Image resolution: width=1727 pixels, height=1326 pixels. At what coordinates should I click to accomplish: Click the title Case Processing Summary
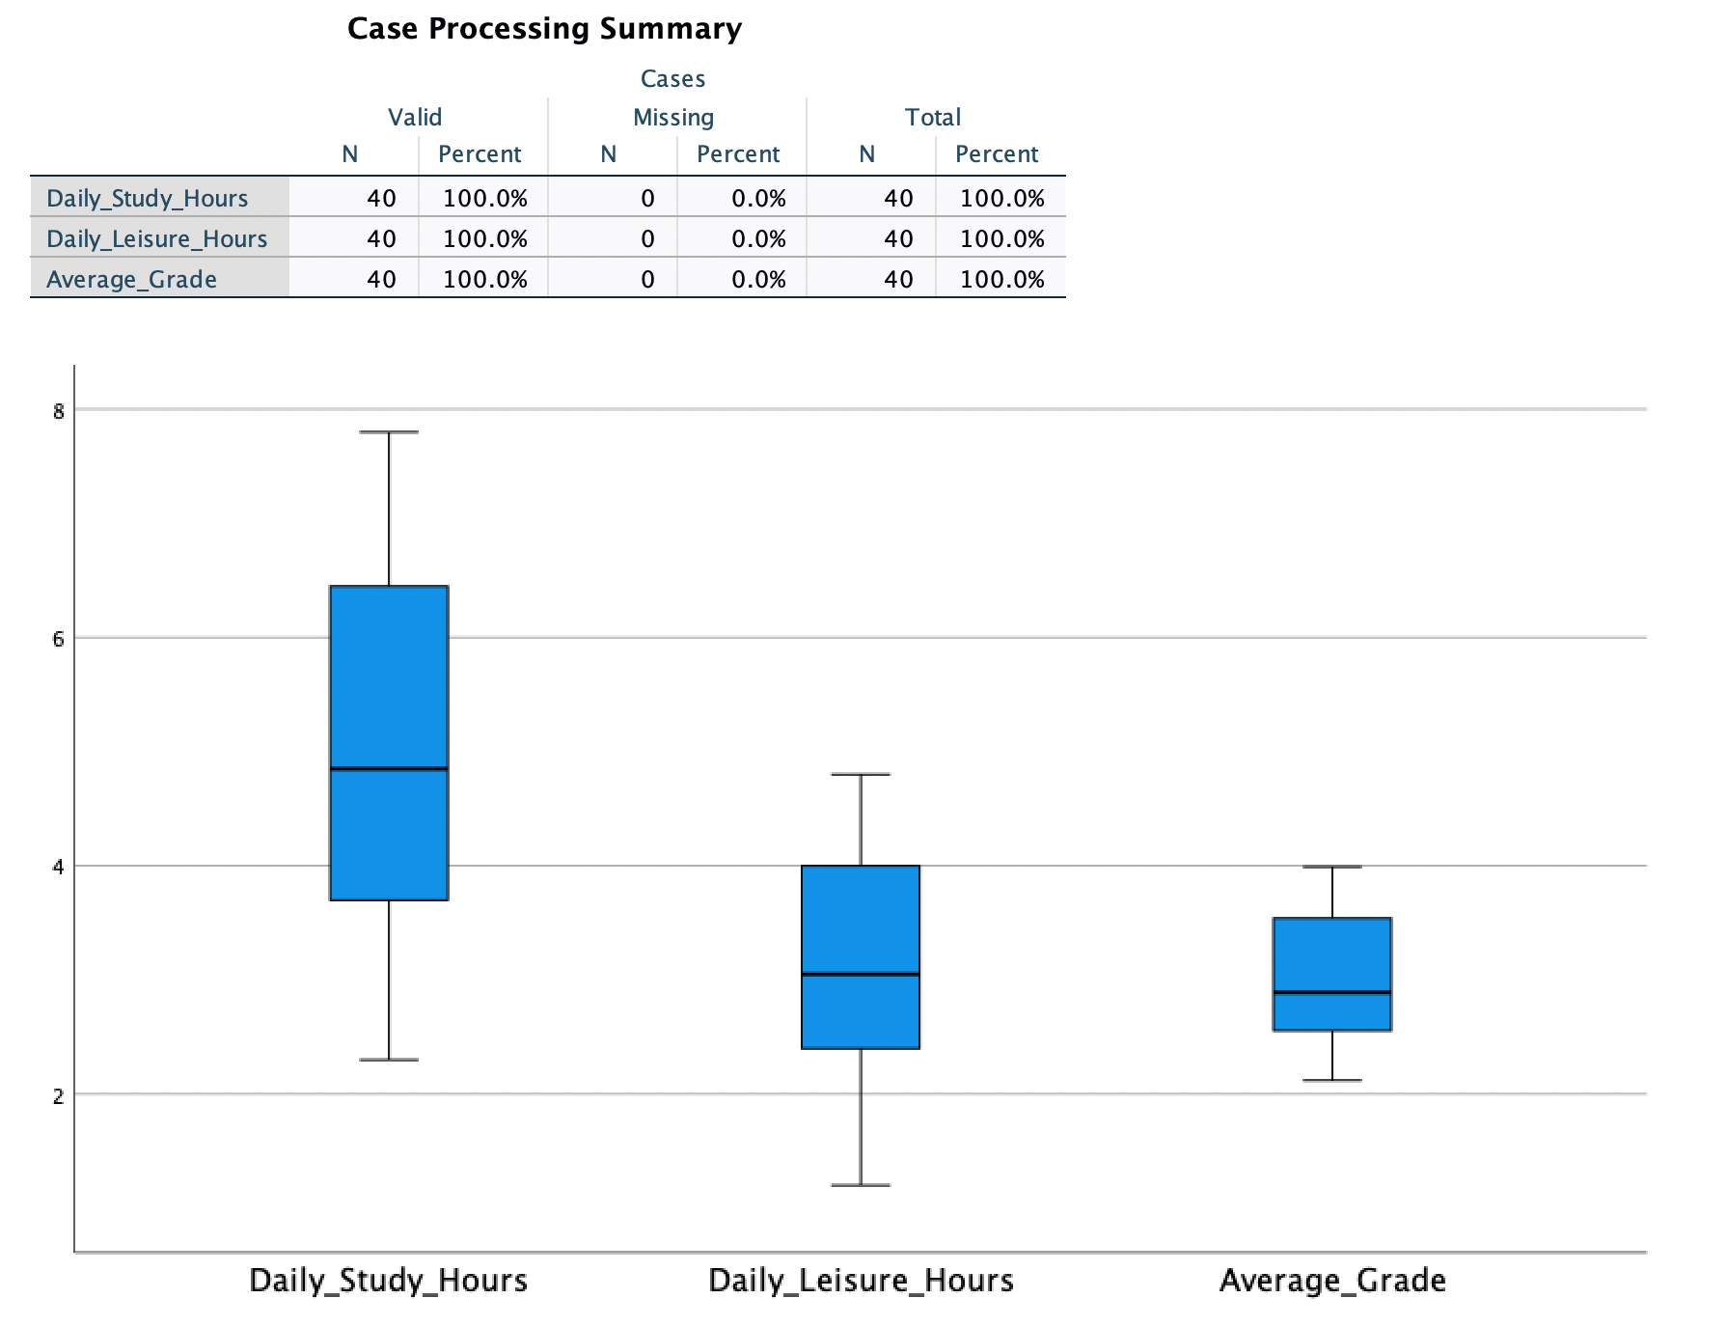pos(544,29)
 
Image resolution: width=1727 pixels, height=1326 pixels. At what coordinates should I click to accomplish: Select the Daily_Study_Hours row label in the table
pos(148,198)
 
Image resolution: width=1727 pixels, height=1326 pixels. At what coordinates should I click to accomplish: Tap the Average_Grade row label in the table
pos(131,279)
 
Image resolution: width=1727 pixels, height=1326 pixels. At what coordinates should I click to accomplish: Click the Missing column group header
pos(673,117)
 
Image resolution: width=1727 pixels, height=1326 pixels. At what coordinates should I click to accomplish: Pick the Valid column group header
pos(415,117)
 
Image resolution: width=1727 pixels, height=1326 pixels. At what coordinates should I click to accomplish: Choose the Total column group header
pos(932,117)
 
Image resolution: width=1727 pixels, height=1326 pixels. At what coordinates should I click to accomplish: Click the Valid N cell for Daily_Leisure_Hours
pos(381,238)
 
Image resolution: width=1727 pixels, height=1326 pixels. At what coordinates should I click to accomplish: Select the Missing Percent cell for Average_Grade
pos(758,279)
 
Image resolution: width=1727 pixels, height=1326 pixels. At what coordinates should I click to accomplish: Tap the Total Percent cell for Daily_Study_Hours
pos(1001,198)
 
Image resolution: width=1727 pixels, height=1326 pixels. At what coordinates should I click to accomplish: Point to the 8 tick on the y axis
pos(59,411)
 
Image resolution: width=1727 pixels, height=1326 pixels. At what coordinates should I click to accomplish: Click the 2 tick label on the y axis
pos(59,1095)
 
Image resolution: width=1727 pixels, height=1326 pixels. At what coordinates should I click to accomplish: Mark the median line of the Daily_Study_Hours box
pos(389,769)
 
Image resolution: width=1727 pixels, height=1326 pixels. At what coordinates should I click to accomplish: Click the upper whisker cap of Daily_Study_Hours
pos(389,432)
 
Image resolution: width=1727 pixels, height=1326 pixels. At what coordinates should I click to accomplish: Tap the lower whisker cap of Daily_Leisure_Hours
pos(861,1184)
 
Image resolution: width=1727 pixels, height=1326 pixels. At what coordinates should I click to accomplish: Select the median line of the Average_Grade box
pos(1332,992)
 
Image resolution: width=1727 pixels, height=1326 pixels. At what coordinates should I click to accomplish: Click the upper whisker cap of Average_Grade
pos(1332,867)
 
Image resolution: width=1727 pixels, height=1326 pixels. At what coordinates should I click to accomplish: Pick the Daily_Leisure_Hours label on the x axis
pos(861,1281)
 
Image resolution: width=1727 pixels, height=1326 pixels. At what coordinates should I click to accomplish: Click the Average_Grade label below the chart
pos(1332,1281)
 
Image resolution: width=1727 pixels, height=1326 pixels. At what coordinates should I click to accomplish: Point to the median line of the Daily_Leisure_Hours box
pos(861,974)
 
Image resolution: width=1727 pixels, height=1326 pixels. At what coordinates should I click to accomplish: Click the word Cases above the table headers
pos(672,78)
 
